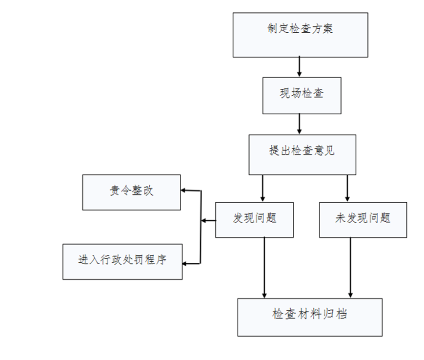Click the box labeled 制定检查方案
tap(300, 35)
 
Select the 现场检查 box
tap(302, 95)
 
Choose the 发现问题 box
tap(254, 220)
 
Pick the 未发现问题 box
tap(363, 220)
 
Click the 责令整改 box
tap(131, 192)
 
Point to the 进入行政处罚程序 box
tap(122, 261)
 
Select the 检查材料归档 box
tap(310, 317)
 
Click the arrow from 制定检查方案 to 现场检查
tap(300, 67)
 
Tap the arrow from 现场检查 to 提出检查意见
tap(300, 124)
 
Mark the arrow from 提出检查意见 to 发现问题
tap(263, 188)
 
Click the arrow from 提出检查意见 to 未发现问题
tap(347, 188)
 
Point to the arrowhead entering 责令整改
tap(184, 190)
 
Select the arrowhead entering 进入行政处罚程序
tap(185, 264)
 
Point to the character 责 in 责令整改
tap(115, 191)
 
